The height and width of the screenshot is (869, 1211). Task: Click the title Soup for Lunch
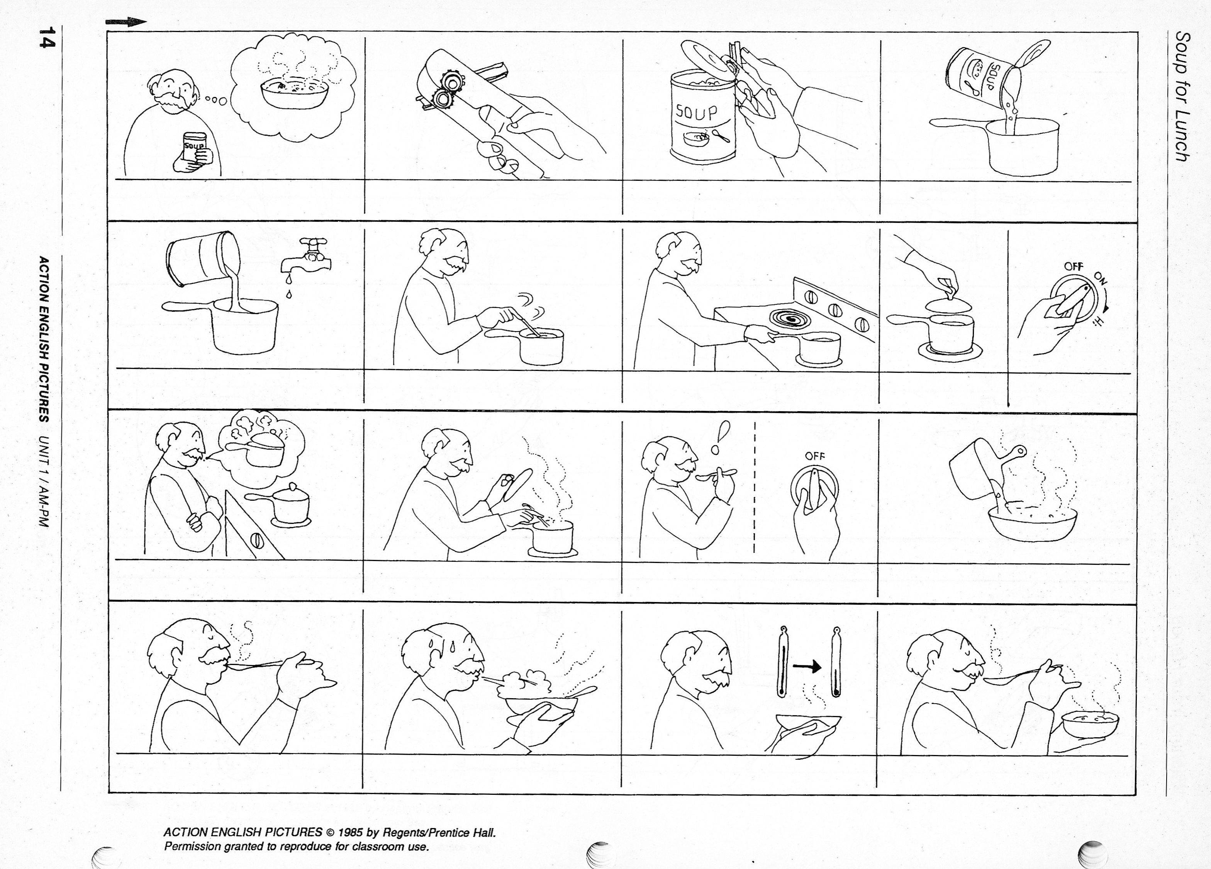1183,97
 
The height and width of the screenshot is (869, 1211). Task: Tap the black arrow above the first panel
126,22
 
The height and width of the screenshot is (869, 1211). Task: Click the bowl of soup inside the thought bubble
294,94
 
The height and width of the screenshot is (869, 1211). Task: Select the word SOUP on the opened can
697,112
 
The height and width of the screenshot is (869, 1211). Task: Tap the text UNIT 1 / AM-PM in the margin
45,481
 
